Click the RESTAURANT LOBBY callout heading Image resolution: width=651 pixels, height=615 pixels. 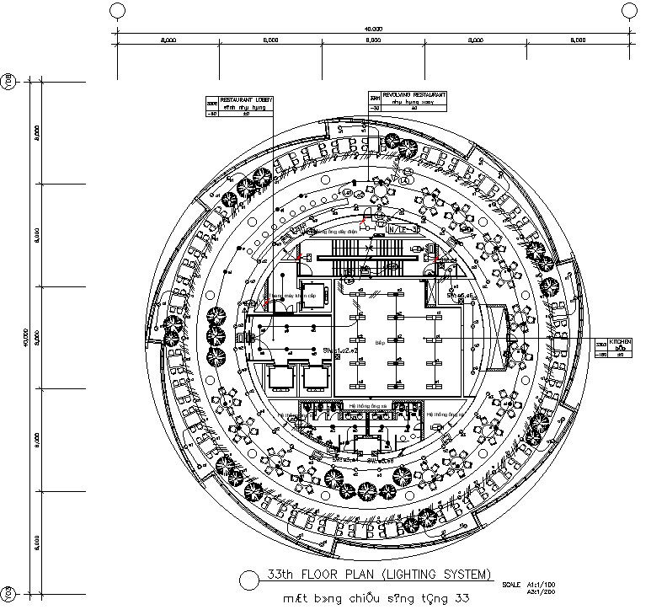pos(246,99)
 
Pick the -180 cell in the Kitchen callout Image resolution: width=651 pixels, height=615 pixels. pos(601,355)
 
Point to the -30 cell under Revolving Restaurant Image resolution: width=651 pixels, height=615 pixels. pos(376,108)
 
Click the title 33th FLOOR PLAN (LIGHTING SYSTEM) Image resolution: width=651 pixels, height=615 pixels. pos(378,575)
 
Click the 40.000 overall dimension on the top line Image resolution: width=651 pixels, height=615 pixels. pos(373,29)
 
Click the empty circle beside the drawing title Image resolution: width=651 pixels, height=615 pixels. pos(248,580)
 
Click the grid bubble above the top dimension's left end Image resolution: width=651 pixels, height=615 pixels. pos(118,10)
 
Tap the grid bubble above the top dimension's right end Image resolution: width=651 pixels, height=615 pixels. pos(630,10)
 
